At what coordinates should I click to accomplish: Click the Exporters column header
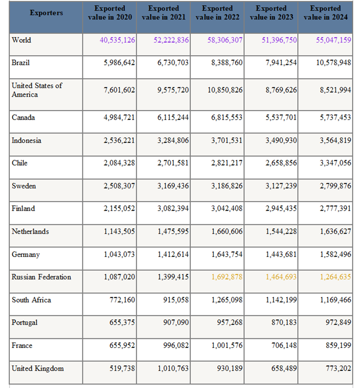(46, 13)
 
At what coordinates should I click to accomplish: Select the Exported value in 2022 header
(217, 13)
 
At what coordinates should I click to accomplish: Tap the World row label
(22, 40)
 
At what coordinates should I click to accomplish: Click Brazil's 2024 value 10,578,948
(333, 63)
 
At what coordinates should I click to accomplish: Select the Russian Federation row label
(41, 277)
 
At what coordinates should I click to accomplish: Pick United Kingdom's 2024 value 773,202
(338, 368)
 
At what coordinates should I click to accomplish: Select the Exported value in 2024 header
(325, 13)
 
